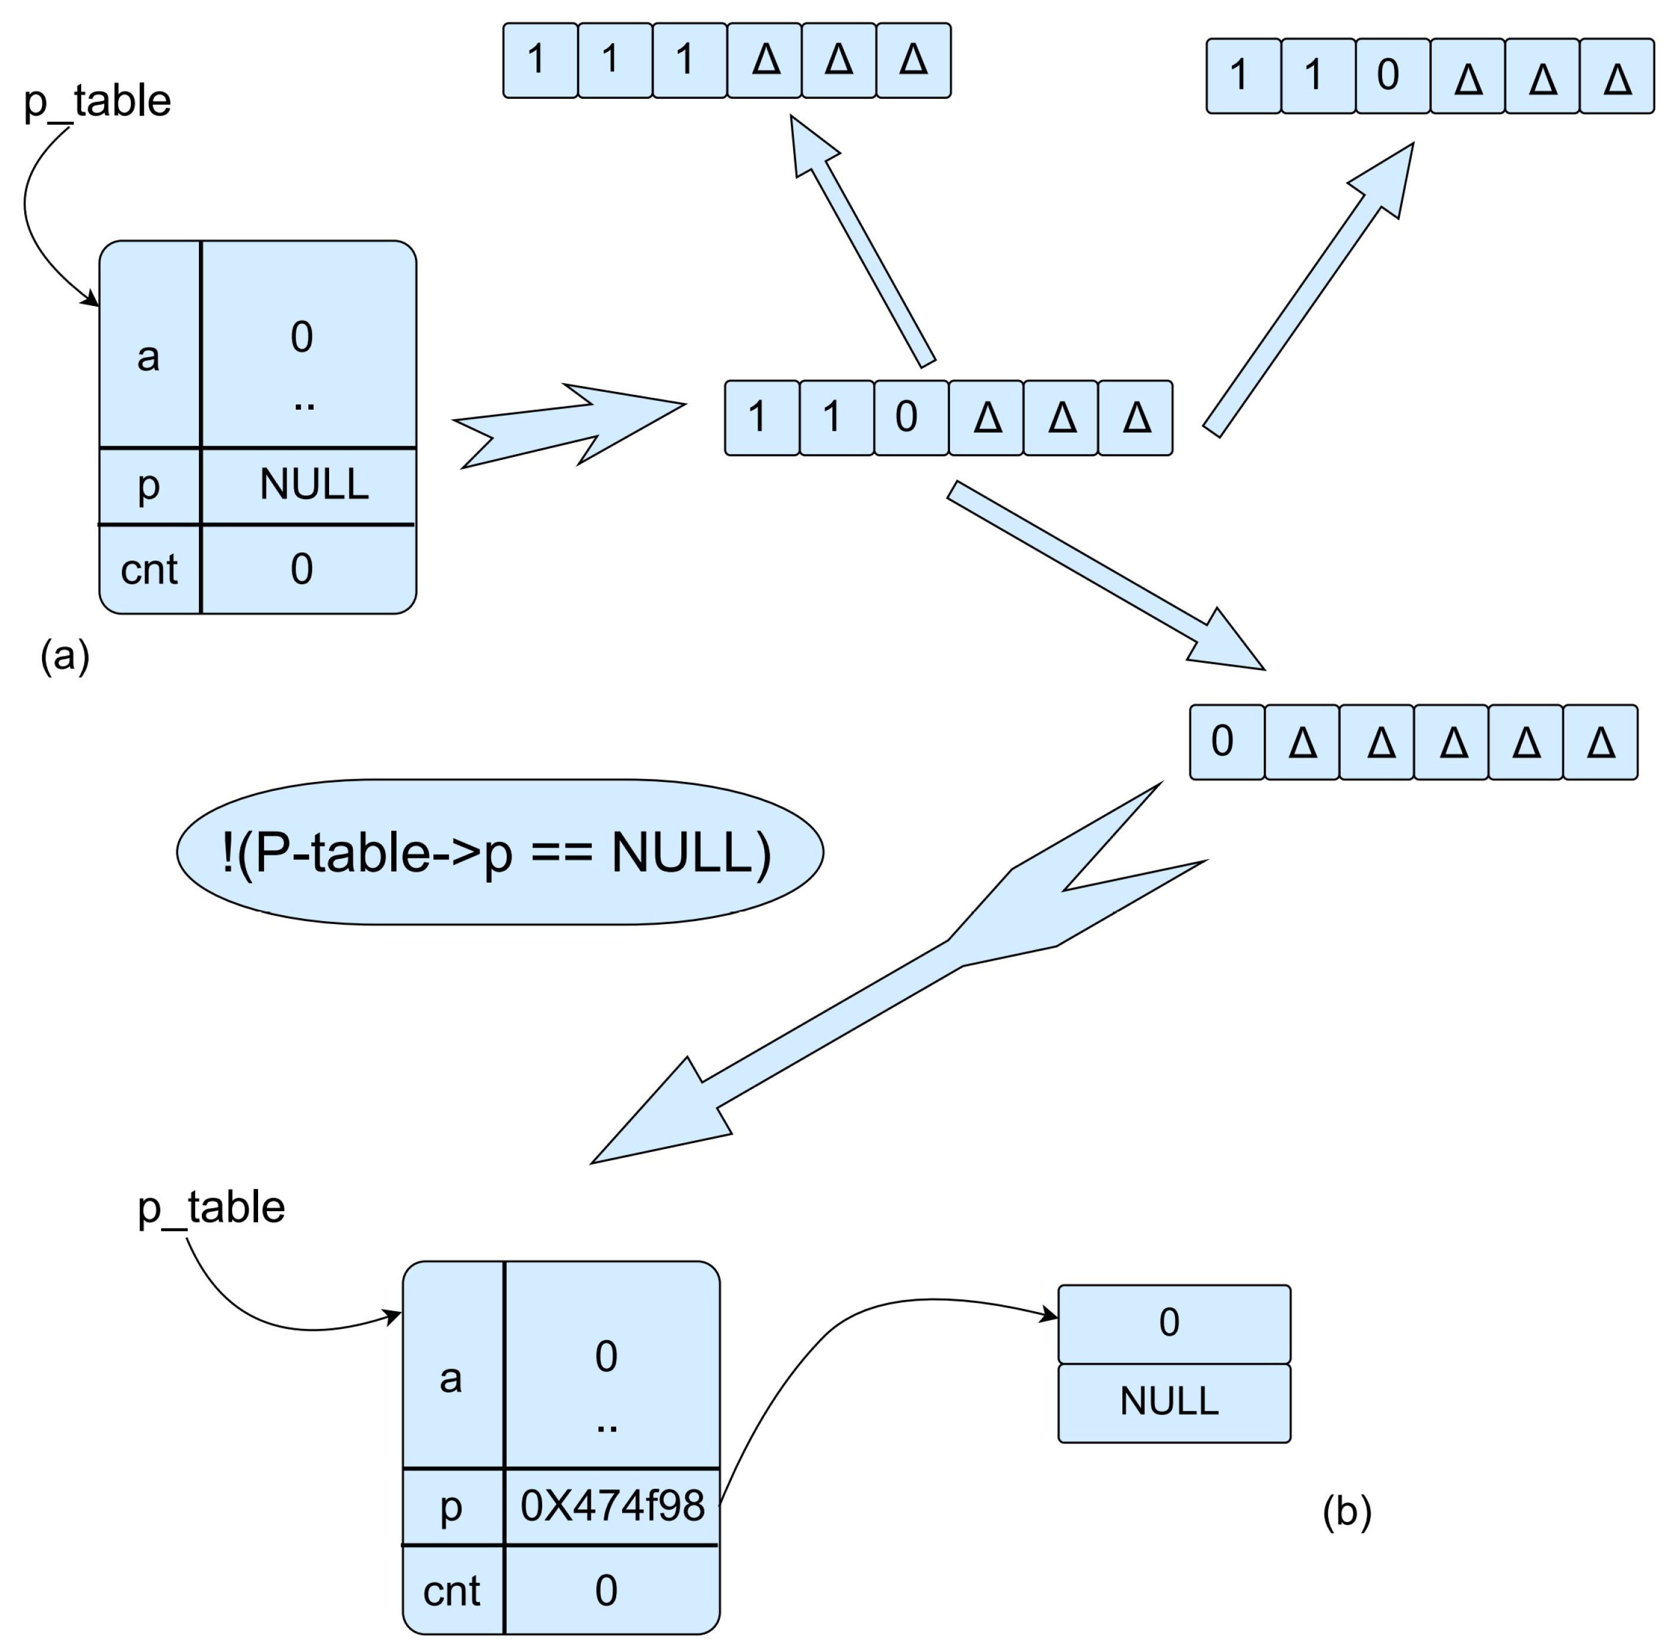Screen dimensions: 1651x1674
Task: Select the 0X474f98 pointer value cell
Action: click(x=611, y=1505)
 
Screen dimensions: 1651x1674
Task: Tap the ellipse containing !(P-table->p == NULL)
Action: click(x=500, y=852)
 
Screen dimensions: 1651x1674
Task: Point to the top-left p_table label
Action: click(x=97, y=101)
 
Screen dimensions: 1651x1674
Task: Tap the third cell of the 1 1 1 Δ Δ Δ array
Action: click(x=688, y=60)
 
